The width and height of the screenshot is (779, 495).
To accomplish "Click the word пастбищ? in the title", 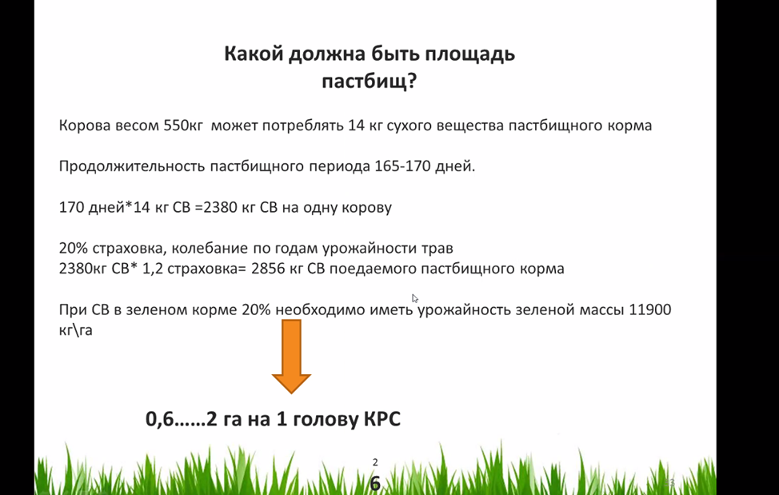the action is click(370, 82).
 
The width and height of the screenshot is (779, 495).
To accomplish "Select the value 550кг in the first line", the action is click(183, 125).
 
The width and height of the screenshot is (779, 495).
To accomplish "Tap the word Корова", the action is click(85, 126).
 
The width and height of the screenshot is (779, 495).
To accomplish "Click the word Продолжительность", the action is click(132, 166).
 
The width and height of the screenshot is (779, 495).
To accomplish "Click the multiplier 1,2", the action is click(153, 269).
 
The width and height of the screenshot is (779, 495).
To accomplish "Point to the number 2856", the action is click(268, 269).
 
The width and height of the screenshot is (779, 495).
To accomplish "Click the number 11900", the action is click(650, 309).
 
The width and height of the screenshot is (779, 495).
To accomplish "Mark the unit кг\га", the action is click(75, 330).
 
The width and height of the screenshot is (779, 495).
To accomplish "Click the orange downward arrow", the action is click(291, 357).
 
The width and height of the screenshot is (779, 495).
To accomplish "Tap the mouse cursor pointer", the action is click(415, 298).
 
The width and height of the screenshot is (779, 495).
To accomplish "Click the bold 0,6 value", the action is click(160, 420).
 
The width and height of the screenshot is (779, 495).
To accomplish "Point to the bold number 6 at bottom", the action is click(376, 484).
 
